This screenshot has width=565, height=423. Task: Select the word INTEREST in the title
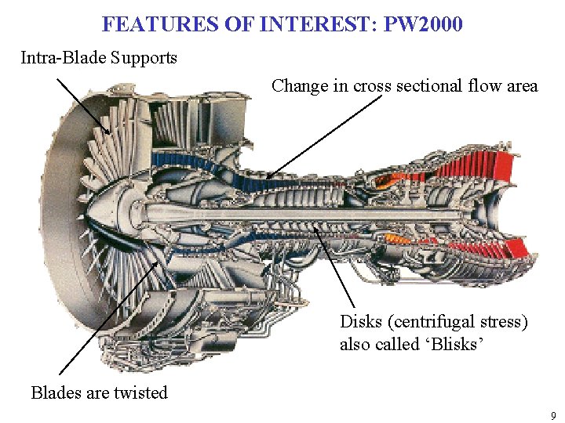(x=312, y=24)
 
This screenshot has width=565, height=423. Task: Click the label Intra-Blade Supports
(x=99, y=58)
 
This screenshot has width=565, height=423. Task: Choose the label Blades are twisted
(x=100, y=393)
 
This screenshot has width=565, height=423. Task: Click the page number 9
(x=553, y=415)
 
